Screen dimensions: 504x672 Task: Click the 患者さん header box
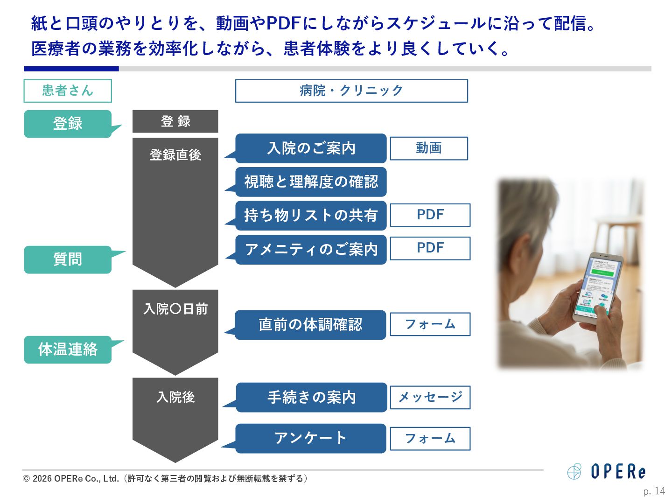click(x=68, y=91)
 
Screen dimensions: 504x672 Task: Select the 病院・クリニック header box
click(x=351, y=91)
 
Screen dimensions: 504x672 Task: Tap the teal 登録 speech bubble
click(x=68, y=124)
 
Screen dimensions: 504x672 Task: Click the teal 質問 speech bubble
click(x=68, y=259)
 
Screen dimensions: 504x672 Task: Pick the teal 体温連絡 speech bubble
click(x=68, y=350)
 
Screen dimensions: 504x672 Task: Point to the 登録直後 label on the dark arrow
click(x=175, y=155)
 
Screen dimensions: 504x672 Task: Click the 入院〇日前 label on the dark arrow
click(x=175, y=309)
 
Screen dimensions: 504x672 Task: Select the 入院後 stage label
click(x=175, y=397)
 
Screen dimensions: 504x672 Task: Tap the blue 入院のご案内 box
click(x=311, y=148)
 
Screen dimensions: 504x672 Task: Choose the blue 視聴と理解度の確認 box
click(x=311, y=182)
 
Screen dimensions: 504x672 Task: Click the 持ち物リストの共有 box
click(x=311, y=216)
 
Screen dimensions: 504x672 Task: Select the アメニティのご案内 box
click(x=311, y=250)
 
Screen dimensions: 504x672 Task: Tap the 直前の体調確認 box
click(x=310, y=325)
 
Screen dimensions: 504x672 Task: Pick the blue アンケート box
click(x=310, y=438)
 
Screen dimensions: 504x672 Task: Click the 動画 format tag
click(x=429, y=148)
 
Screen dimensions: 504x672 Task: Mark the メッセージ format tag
click(x=430, y=398)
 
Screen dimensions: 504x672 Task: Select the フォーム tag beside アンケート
click(x=430, y=439)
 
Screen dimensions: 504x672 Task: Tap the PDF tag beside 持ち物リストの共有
click(x=430, y=215)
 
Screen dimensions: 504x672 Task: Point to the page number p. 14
click(x=654, y=491)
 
